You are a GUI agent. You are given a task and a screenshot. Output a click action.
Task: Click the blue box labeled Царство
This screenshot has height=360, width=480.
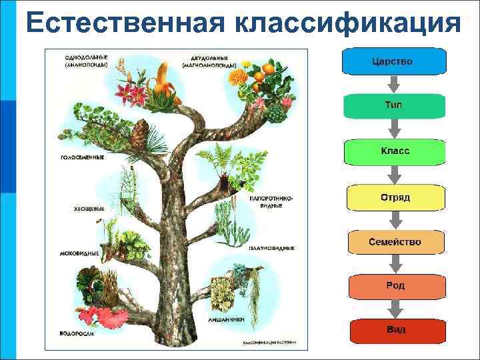(393, 61)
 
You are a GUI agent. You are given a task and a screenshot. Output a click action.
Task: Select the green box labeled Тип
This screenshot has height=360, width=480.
(393, 106)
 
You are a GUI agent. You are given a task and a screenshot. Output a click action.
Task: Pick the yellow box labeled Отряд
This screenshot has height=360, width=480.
(395, 197)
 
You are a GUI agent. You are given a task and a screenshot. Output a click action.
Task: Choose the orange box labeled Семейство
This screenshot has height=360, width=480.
(395, 242)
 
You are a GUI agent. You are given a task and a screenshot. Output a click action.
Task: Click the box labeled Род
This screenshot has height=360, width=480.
(395, 286)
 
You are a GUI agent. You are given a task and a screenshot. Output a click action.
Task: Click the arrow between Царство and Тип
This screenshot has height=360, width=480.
(394, 84)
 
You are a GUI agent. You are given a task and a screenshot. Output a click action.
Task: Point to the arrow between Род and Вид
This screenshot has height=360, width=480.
(395, 309)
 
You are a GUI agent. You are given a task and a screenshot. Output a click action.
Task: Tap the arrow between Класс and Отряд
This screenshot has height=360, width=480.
(395, 175)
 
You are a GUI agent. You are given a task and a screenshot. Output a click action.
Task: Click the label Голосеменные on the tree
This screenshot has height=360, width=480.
(82, 158)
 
